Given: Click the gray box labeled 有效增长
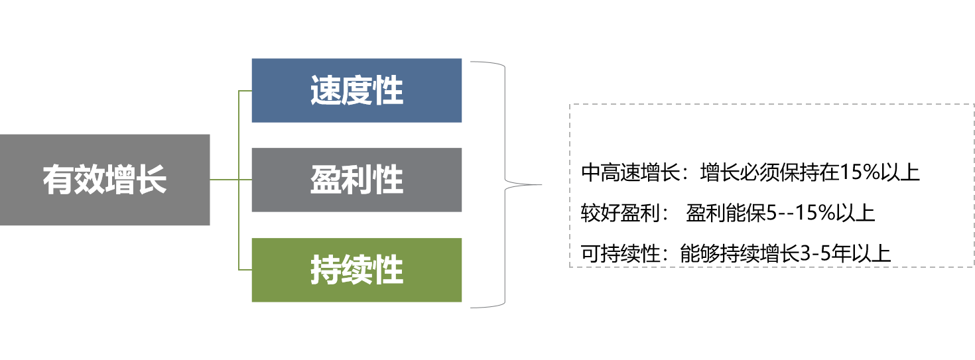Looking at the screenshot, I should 105,180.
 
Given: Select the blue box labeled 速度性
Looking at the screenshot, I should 356,90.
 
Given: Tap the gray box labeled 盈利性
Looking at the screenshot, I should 356,180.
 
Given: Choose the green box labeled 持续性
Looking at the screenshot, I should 356,270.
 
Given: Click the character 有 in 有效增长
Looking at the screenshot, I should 58,180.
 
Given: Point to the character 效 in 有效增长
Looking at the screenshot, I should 90,180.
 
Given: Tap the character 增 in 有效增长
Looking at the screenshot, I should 121,180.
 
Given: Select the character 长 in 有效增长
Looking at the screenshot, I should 152,180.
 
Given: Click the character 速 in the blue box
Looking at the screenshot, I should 326,91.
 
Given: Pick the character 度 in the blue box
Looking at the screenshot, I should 357,91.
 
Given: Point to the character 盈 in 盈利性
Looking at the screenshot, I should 326,180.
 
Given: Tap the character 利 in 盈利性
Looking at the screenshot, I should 357,180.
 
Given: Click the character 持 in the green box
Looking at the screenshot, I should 326,270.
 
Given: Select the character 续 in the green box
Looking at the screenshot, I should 357,270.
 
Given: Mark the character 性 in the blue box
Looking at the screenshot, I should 388,91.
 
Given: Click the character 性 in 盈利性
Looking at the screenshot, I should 388,180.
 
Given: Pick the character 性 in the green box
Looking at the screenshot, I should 388,270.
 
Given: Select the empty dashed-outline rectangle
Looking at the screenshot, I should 771,186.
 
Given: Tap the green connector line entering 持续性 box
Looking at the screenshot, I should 245,270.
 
